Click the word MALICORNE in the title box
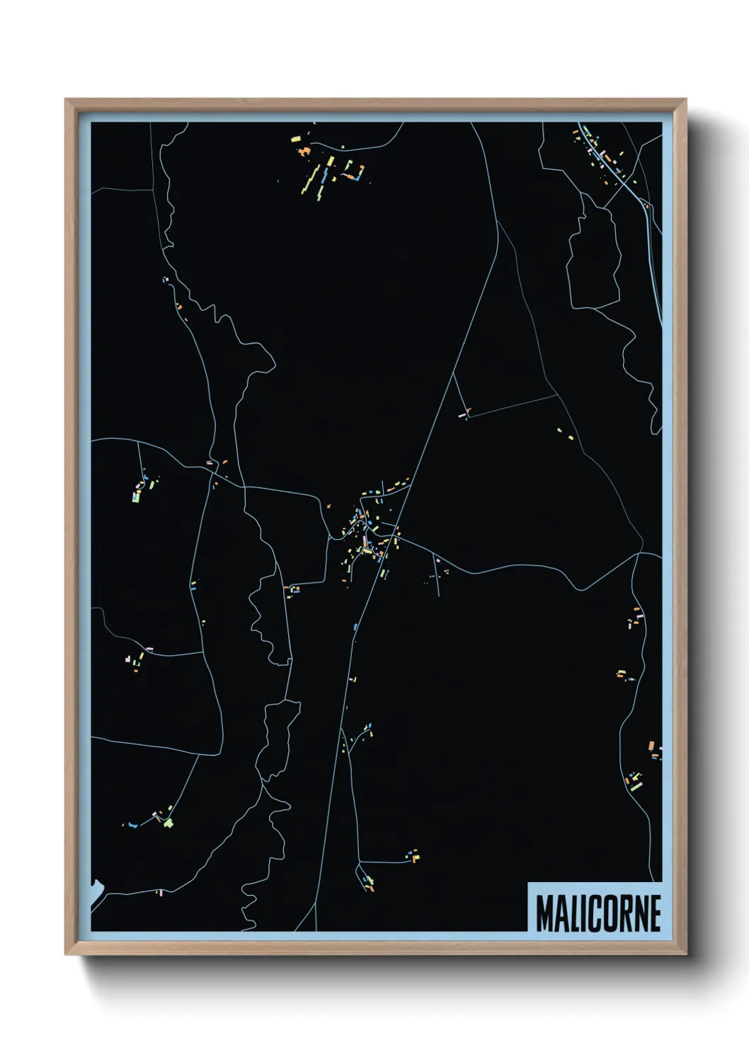(598, 913)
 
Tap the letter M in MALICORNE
(545, 913)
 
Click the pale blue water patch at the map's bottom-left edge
(96, 893)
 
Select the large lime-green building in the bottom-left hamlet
(168, 822)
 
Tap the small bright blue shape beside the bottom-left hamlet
(131, 825)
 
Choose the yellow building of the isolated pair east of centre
(561, 429)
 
